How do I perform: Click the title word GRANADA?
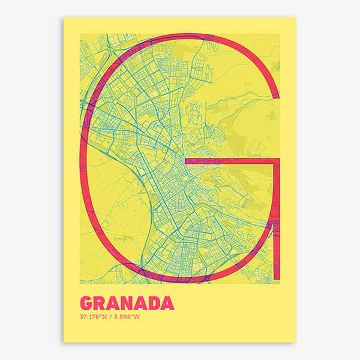pos(126,302)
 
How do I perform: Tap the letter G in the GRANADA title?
pos(86,302)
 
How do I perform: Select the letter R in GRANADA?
pos(100,302)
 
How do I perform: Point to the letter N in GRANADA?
pos(127,302)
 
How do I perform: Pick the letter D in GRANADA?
pos(154,302)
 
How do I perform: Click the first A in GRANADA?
pos(113,302)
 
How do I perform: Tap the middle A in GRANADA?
pos(140,302)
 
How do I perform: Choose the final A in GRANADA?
pos(167,302)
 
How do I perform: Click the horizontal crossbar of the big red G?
pos(231,161)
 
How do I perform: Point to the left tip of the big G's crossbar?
pos(186,161)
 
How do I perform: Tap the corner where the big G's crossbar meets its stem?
pos(277,161)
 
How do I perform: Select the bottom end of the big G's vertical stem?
pos(277,278)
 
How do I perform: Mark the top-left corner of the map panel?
pos(80,34)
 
